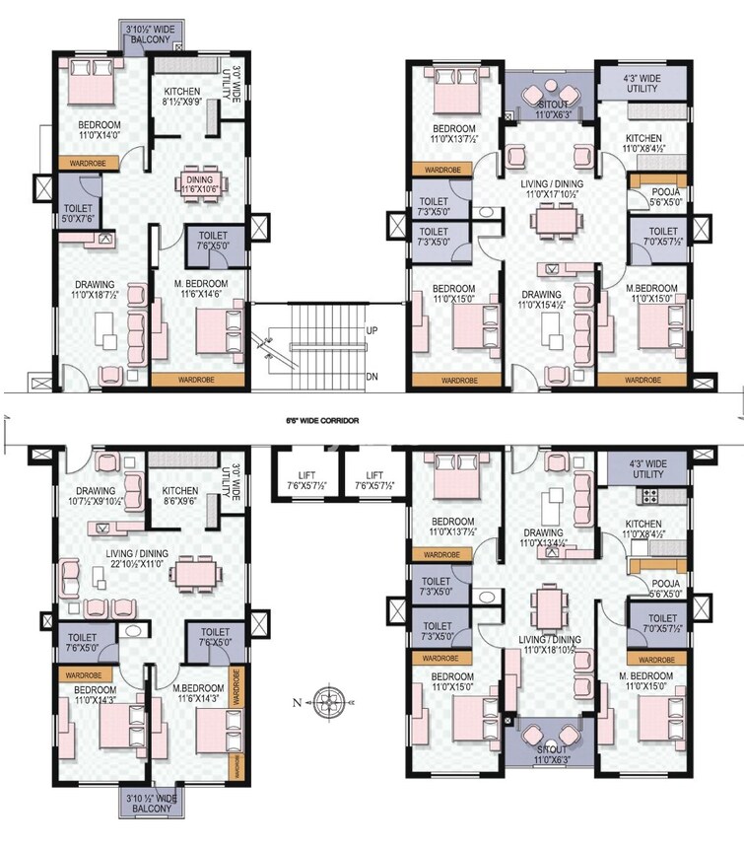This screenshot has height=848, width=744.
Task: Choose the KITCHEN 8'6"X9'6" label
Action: coord(179,496)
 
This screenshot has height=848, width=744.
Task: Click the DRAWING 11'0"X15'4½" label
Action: coord(541,300)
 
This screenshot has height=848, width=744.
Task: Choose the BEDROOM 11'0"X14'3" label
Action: coord(96,695)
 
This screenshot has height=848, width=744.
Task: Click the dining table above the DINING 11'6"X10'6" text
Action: coord(203,182)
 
